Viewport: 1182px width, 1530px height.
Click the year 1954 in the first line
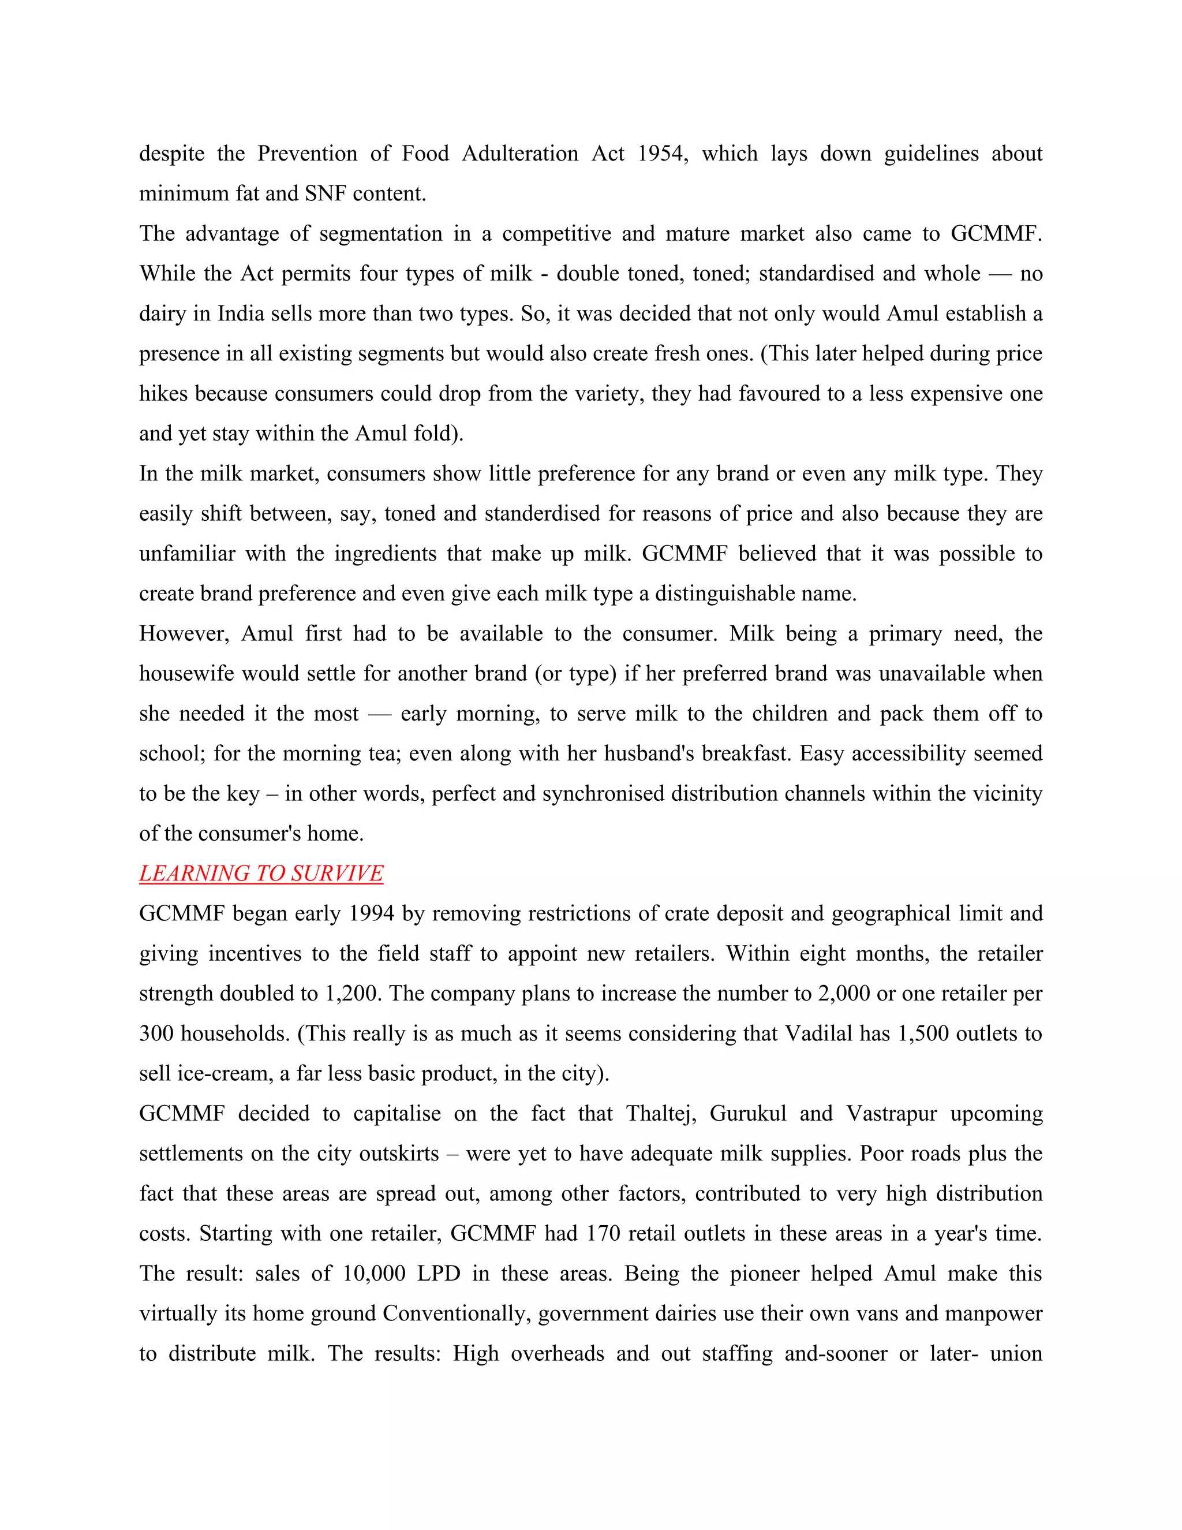tap(662, 154)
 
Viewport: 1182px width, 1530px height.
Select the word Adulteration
tap(519, 154)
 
